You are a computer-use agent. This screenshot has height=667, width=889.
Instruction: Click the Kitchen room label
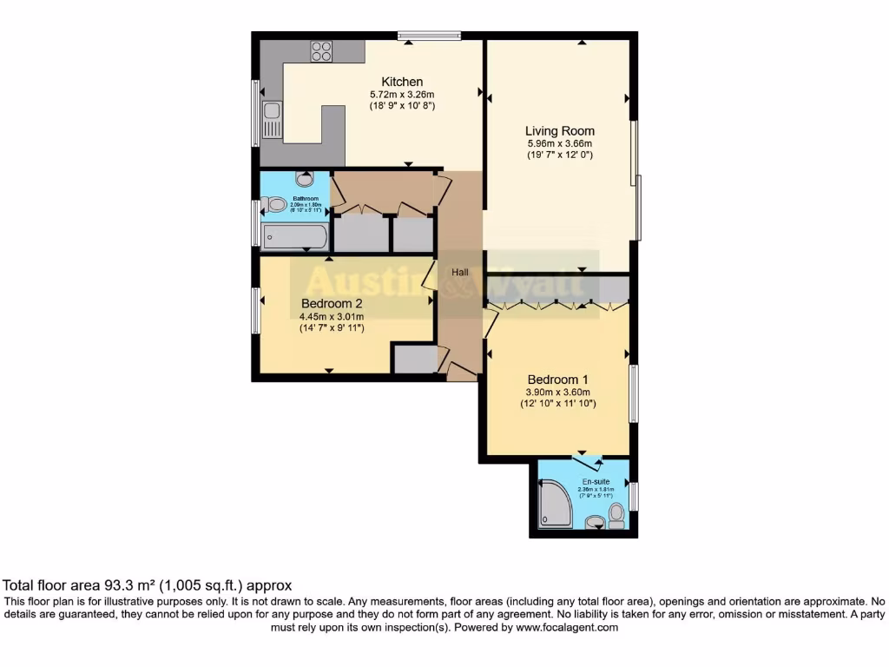coord(402,82)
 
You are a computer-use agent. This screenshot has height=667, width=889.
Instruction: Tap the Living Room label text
coord(560,131)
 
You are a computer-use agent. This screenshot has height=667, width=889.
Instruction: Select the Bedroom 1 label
coord(558,380)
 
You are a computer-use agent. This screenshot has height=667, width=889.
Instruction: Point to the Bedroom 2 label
coord(332,303)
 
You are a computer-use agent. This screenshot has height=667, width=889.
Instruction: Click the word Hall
coord(459,272)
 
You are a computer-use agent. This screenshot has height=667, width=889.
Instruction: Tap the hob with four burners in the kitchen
coord(322,50)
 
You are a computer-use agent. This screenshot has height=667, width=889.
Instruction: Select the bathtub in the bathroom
coord(295,237)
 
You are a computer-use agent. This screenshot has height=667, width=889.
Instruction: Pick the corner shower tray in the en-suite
coord(554,506)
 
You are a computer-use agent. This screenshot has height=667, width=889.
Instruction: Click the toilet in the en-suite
coord(616,516)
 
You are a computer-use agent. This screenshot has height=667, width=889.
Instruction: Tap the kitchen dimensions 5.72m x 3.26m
coord(402,95)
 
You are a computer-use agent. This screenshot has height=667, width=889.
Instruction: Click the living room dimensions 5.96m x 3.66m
coord(560,144)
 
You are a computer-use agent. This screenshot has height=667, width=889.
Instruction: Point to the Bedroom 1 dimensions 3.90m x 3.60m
coord(558,393)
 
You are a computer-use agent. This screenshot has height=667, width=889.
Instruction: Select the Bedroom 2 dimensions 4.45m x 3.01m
coord(332,316)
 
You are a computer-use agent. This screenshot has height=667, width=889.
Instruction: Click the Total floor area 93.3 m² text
coord(148,585)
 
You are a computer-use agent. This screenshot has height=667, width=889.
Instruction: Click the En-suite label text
coord(596,481)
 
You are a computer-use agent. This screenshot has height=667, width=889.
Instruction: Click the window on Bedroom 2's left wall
coord(255,310)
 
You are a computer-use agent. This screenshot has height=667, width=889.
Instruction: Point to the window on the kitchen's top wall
coord(429,36)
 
